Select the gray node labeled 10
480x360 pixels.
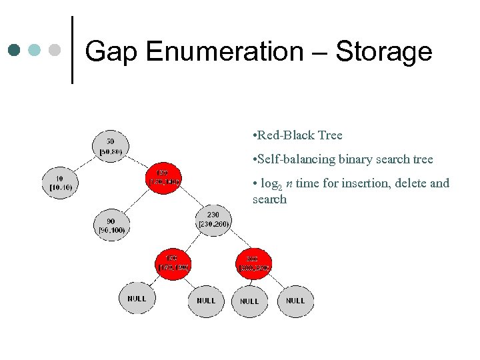pos(60,183)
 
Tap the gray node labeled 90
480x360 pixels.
pos(111,225)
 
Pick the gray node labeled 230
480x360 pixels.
pos(213,219)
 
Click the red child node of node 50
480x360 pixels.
pos(163,177)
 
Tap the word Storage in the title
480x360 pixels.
pos(384,51)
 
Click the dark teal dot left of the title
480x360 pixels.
pos(14,50)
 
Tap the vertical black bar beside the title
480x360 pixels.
pos(71,50)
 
